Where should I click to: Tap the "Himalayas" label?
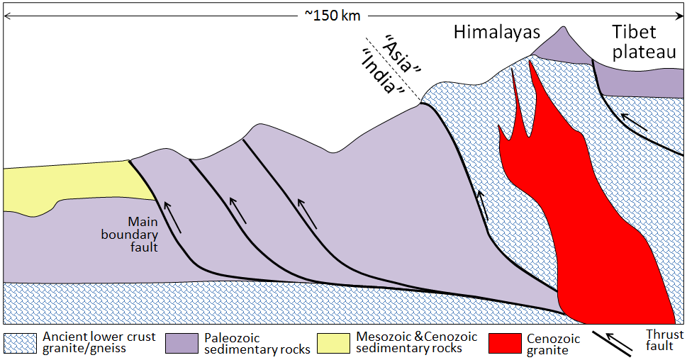497,32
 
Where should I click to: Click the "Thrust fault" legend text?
664,341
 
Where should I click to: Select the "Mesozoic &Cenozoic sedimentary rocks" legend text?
417,342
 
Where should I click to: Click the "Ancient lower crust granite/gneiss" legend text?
99,343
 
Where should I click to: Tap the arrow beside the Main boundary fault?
172,217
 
